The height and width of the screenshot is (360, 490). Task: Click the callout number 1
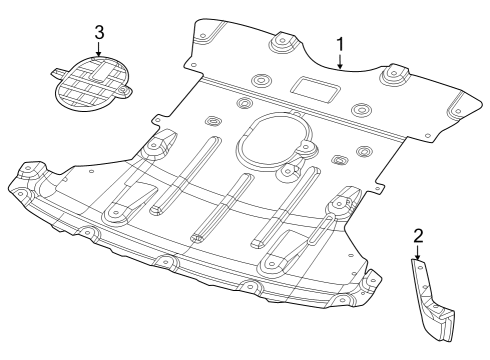click(341, 45)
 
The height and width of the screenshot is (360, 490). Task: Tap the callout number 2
click(418, 236)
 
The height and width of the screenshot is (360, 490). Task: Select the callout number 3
click(99, 32)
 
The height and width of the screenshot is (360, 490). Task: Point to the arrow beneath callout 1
click(341, 64)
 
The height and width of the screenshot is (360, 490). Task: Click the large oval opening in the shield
click(271, 141)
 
